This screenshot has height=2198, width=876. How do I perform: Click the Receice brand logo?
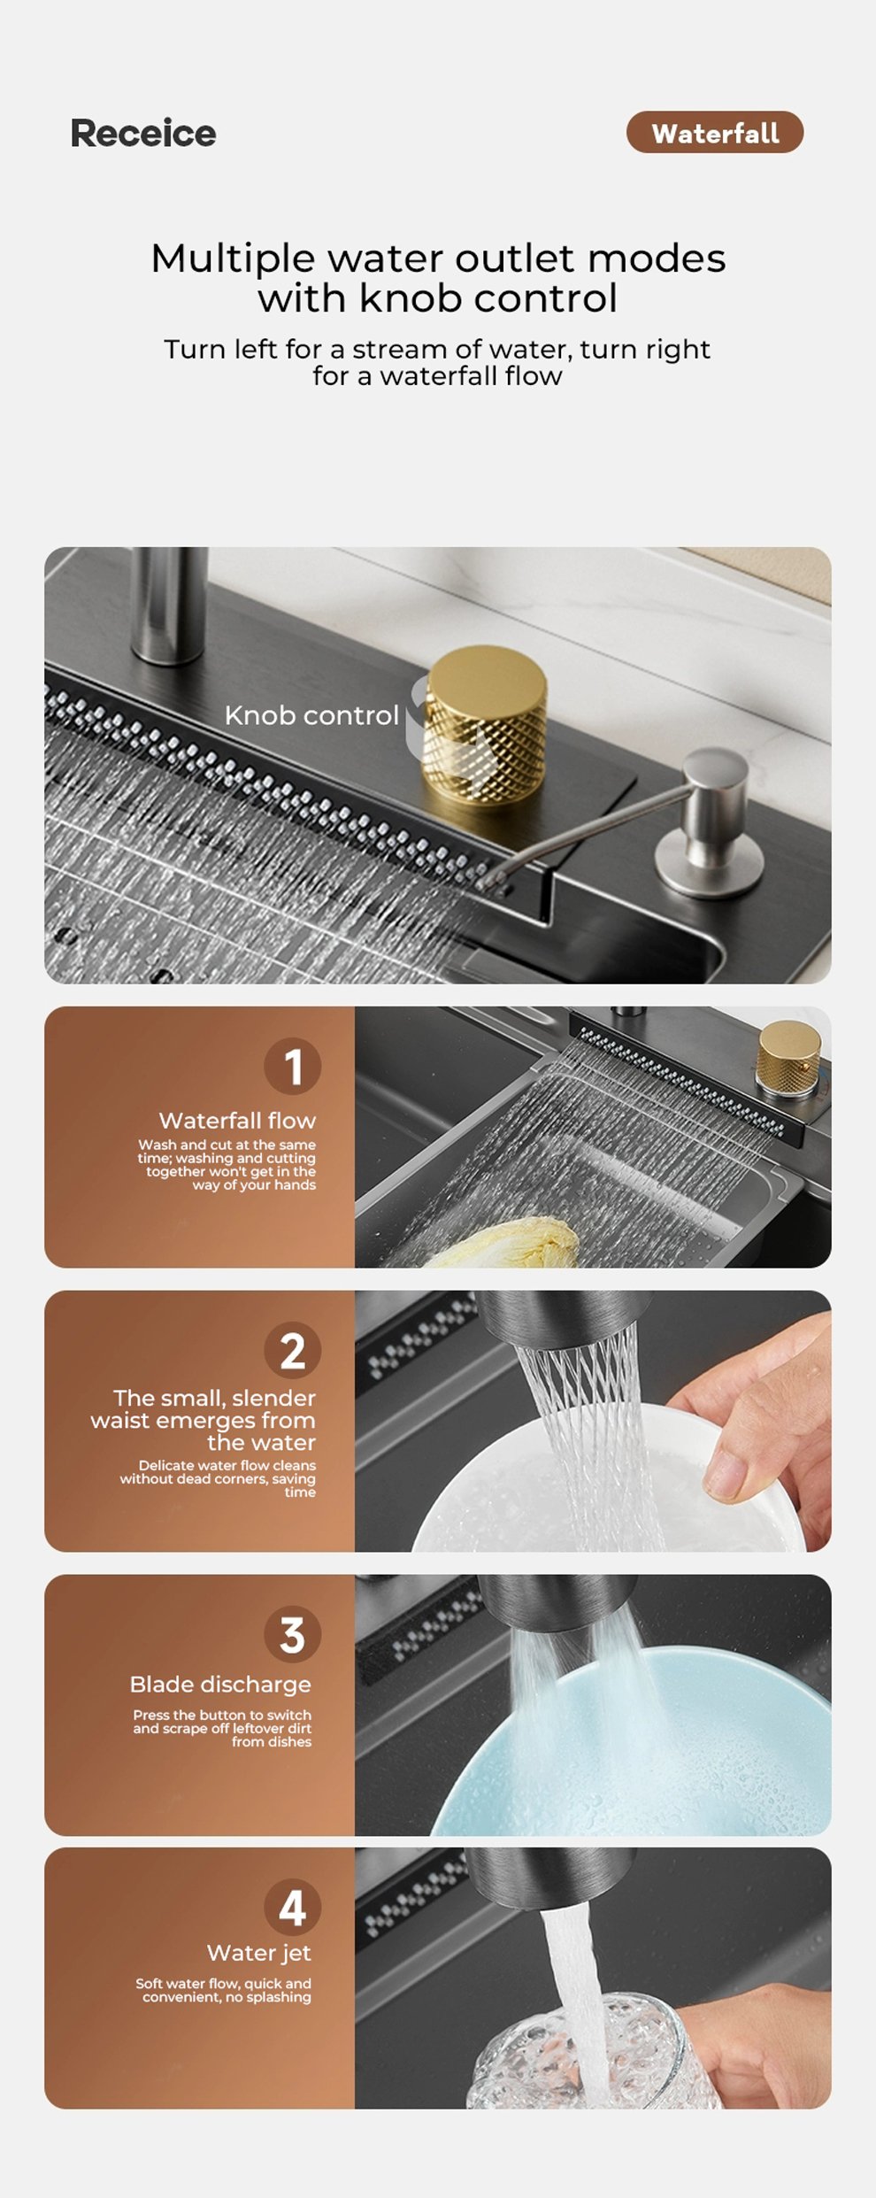[x=143, y=134]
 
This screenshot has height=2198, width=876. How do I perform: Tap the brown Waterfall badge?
[x=715, y=133]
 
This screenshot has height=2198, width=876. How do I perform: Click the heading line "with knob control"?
[x=438, y=298]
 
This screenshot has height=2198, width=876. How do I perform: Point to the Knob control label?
[x=311, y=715]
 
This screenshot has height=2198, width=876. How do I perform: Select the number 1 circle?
[x=292, y=1066]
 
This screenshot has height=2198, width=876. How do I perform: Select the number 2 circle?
[x=292, y=1350]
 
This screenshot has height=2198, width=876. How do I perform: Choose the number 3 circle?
[x=292, y=1634]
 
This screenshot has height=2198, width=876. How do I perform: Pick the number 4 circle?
[x=292, y=1908]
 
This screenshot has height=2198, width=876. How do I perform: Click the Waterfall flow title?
[x=237, y=1121]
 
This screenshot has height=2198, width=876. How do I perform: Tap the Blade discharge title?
[x=220, y=1685]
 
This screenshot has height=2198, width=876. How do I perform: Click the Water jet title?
[x=258, y=1953]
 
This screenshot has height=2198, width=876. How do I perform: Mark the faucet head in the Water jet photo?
[x=557, y=1880]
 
